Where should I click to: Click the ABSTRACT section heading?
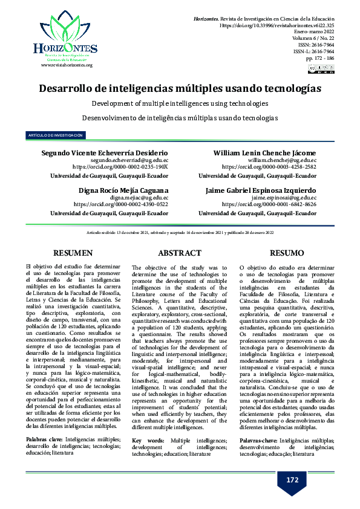tap(180, 253)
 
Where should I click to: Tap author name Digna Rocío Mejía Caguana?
tap(123, 190)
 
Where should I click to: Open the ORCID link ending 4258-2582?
tap(269, 166)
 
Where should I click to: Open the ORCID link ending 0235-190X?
tap(120, 166)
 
